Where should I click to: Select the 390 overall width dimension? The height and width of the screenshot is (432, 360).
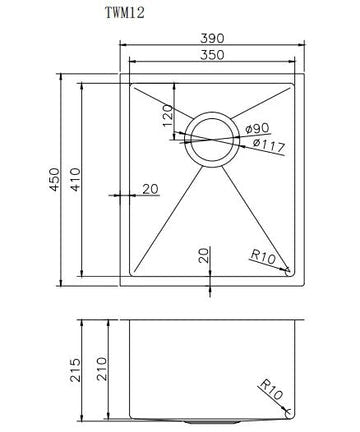(212, 38)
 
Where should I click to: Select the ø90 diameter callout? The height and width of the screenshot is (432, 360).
(257, 128)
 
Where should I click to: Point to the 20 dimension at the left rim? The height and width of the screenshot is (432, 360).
(151, 188)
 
